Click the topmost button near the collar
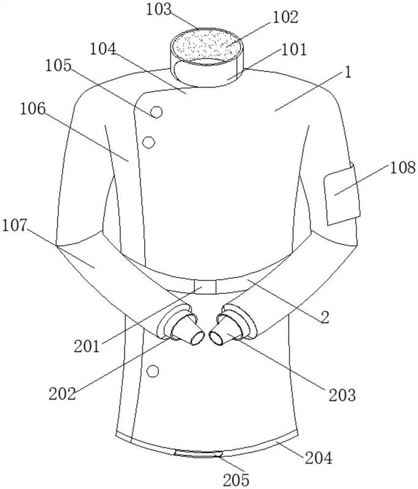tap(156, 112)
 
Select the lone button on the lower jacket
tap(153, 370)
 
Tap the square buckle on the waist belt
tap(205, 287)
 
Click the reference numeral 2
tap(325, 317)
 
